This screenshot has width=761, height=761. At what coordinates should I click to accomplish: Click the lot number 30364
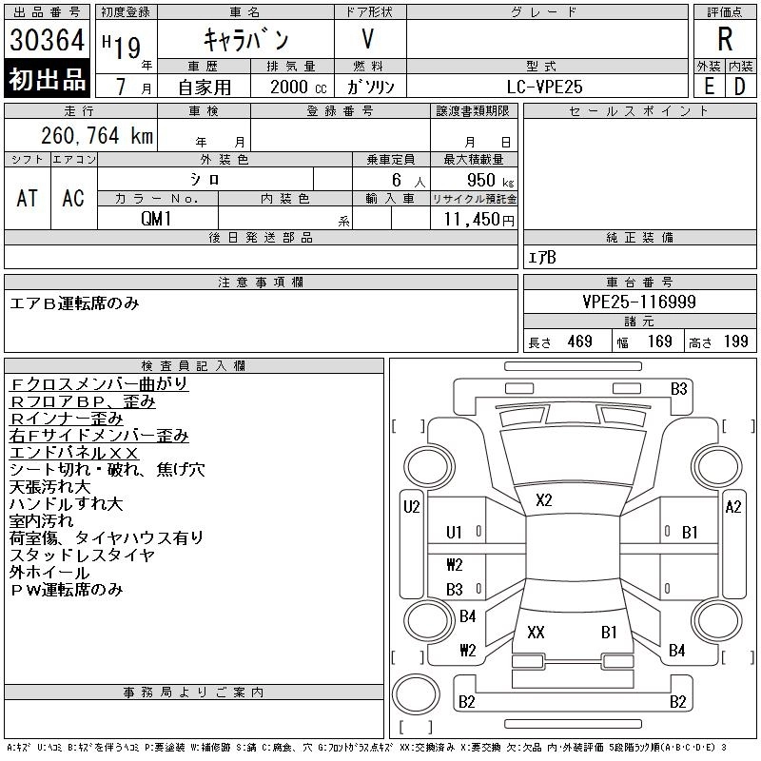(x=48, y=40)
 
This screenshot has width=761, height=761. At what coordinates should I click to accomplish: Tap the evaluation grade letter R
(x=725, y=40)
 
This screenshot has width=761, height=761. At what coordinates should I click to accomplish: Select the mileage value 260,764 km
(x=95, y=136)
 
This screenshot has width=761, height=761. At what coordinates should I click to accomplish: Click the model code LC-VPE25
(x=546, y=87)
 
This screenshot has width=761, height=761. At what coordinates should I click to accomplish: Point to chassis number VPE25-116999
(x=639, y=302)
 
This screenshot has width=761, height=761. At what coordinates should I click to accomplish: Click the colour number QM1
(x=157, y=218)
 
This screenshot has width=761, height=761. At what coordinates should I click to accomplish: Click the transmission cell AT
(x=28, y=198)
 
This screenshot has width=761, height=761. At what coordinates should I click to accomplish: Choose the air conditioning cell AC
(x=73, y=198)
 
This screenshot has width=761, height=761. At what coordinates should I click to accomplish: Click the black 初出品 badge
(x=48, y=80)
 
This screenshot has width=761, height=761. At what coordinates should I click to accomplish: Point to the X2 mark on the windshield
(x=544, y=499)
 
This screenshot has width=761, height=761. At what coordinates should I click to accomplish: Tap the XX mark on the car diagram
(x=536, y=632)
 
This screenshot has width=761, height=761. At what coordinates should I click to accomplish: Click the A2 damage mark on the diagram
(x=732, y=507)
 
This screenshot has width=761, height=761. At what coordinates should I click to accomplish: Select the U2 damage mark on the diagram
(x=411, y=507)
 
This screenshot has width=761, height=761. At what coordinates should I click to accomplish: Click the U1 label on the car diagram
(x=454, y=533)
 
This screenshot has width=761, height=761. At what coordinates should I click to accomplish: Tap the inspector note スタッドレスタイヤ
(x=82, y=556)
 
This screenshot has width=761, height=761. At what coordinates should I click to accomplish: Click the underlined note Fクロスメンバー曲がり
(x=99, y=384)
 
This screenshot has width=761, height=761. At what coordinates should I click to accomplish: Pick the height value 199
(x=736, y=341)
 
